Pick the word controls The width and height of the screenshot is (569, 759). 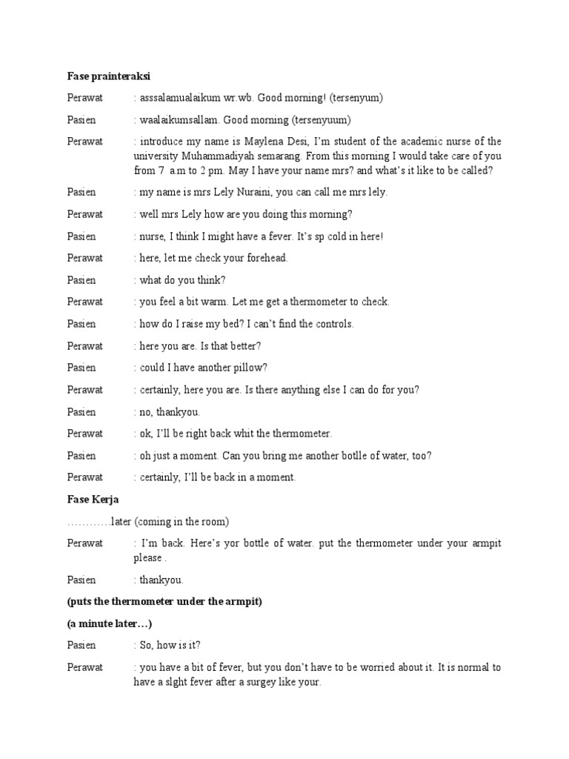(333, 324)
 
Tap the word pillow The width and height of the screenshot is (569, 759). (250, 368)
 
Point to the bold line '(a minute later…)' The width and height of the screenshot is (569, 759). (110, 623)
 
